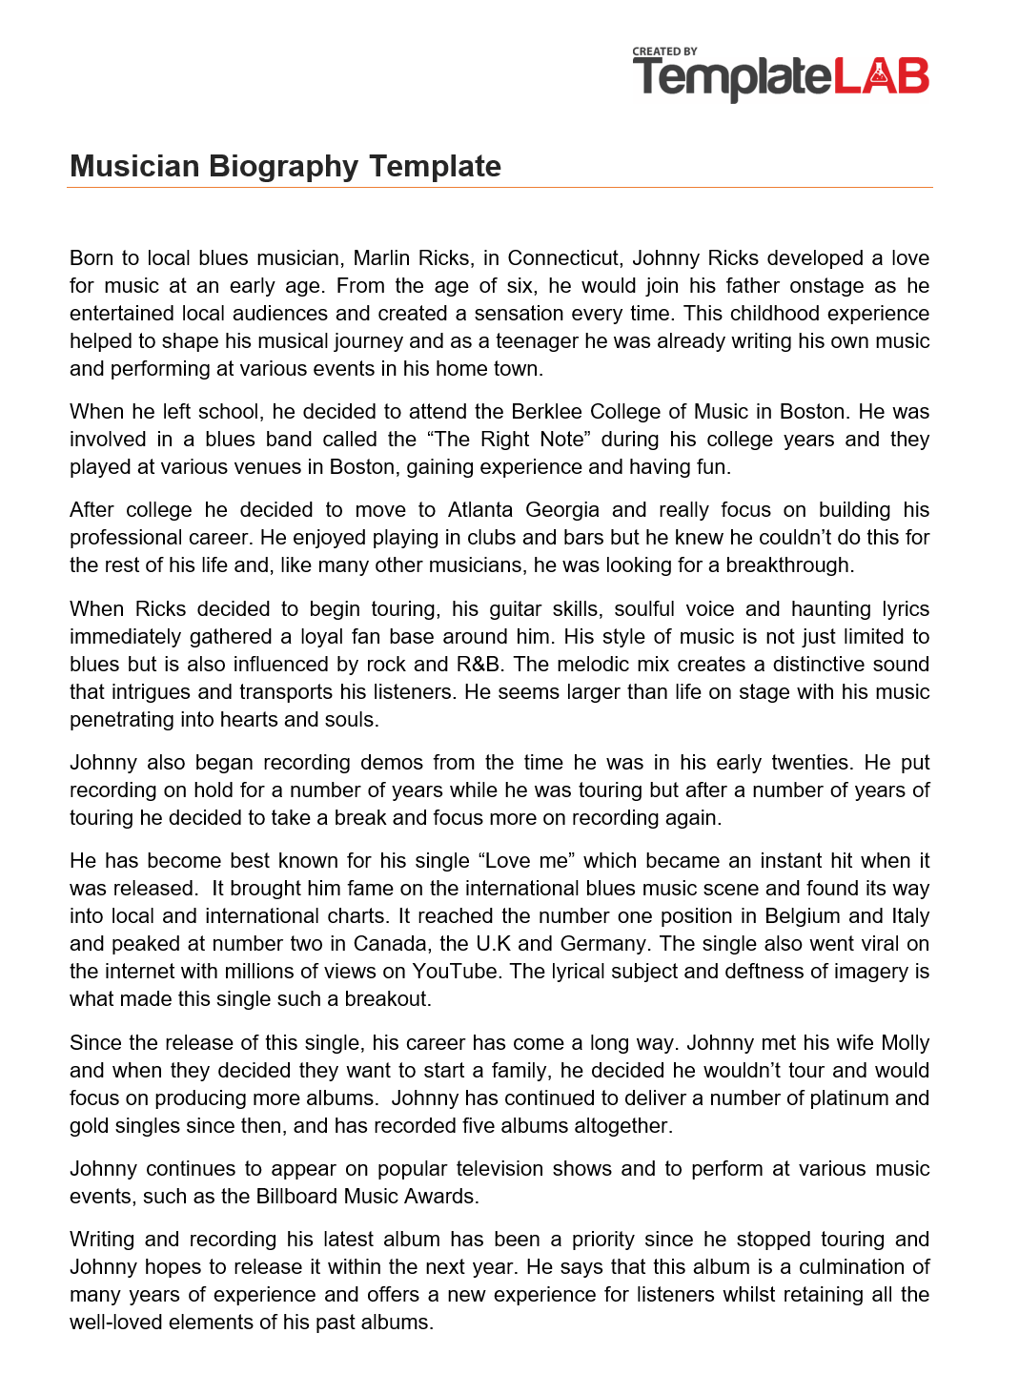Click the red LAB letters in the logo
pos(881,77)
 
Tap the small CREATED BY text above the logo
pos(664,51)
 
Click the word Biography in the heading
pos(285,166)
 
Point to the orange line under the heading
pos(499,188)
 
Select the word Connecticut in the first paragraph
pos(563,258)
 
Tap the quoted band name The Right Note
pos(507,440)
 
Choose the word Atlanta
pos(480,510)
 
